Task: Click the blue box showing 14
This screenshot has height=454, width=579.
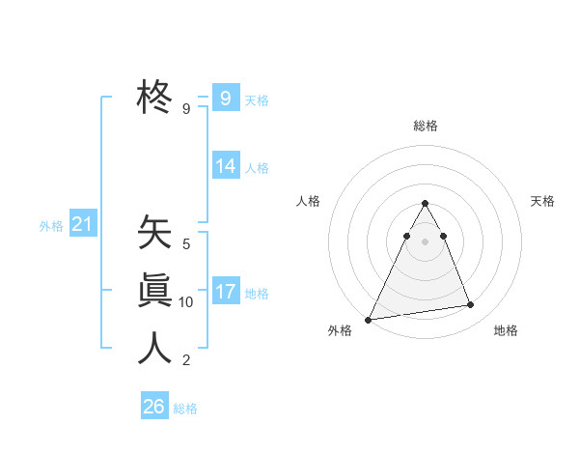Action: coord(225,166)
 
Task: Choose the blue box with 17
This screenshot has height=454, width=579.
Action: coord(225,292)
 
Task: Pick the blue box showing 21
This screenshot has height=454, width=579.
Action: coord(82,225)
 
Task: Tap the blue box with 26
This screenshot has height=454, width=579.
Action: coord(154,407)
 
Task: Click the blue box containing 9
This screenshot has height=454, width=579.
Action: coord(225,98)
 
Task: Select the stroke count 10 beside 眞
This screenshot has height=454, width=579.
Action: coord(186,302)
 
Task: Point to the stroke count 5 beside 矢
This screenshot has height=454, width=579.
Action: coord(186,244)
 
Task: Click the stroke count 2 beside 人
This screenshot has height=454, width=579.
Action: coord(186,360)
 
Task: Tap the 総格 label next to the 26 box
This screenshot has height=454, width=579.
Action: coord(185,409)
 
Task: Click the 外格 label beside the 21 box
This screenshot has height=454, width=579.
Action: coord(51,226)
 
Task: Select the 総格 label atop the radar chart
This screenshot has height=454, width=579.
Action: coord(426,126)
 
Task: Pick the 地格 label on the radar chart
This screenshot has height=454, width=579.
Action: coord(506,330)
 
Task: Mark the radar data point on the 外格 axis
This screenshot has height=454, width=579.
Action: coord(369,319)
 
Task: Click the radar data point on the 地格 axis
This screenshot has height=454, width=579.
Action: coord(471,305)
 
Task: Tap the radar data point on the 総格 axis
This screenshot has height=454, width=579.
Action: coord(425,203)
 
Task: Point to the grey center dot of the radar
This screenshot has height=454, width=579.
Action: coord(425,241)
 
